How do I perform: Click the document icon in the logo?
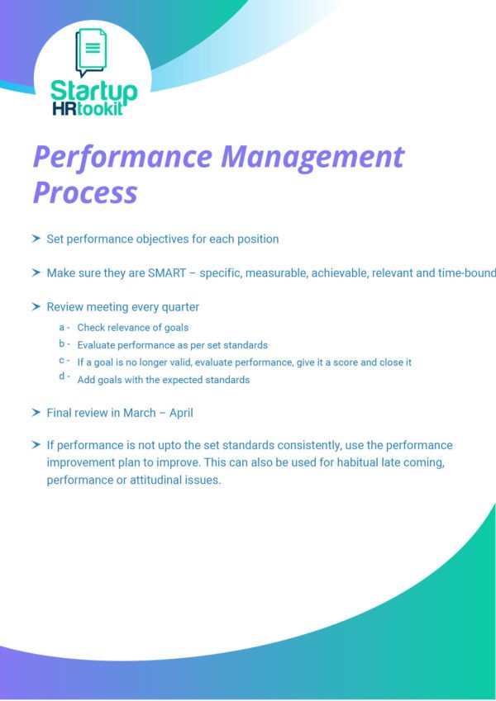click(91, 52)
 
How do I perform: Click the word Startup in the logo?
click(93, 91)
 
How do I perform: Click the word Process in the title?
click(84, 192)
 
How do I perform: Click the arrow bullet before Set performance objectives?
click(36, 239)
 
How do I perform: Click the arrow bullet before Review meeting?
click(36, 306)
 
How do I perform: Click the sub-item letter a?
click(62, 327)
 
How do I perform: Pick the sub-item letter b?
click(62, 343)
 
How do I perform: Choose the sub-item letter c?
click(62, 361)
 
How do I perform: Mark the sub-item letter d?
click(62, 377)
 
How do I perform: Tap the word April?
click(180, 413)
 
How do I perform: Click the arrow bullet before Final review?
click(36, 412)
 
